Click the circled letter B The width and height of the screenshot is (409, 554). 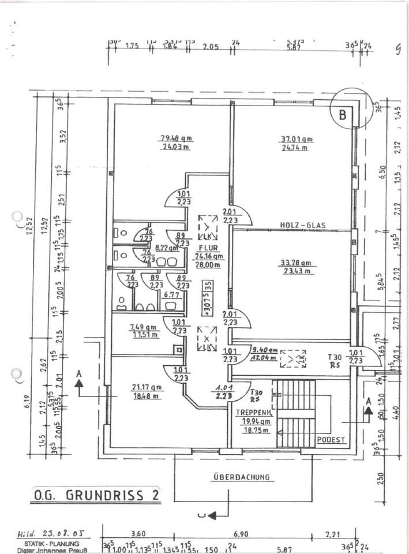tap(343, 114)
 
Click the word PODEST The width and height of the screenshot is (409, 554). tap(331, 440)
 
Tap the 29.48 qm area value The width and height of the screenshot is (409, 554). tap(175, 138)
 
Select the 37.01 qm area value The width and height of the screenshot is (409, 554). tap(297, 139)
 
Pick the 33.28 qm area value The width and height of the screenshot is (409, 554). tap(297, 263)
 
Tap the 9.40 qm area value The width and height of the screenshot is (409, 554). tap(265, 350)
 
